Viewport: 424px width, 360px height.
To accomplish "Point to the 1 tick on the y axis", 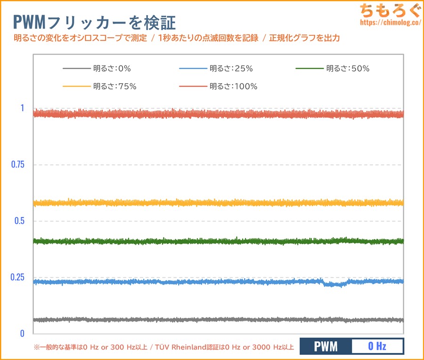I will tap(22, 108).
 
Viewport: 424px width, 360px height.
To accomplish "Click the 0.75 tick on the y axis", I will tap(17, 164).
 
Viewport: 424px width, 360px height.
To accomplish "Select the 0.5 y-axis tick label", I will tap(19, 221).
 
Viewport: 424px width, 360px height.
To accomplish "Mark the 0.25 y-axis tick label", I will tap(17, 277).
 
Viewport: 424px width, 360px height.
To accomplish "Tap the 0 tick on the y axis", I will tap(22, 334).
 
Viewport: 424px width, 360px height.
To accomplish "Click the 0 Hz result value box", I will tap(377, 347).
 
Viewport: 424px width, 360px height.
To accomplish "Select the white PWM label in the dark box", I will tap(326, 347).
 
